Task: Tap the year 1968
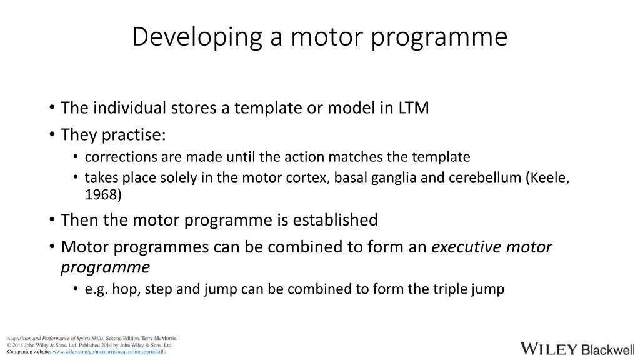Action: click(103, 194)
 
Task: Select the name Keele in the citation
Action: click(551, 177)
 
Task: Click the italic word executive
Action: click(466, 247)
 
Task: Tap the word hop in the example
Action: click(122, 289)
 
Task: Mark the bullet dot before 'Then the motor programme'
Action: click(52, 221)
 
